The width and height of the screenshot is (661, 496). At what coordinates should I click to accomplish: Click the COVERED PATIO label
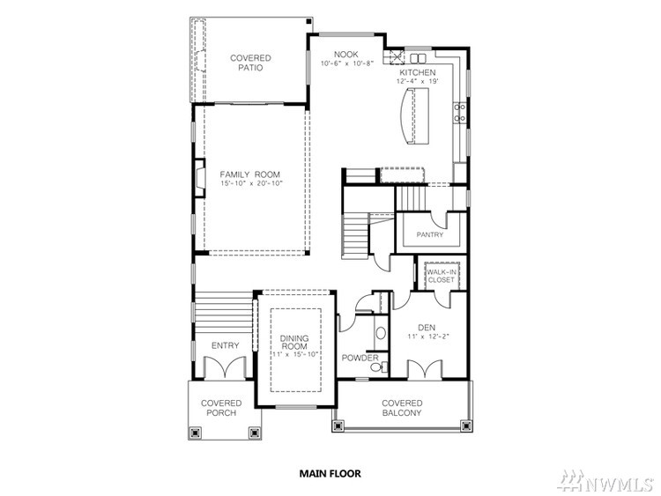[x=250, y=63]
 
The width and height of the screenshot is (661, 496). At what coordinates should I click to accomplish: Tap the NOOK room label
[x=346, y=55]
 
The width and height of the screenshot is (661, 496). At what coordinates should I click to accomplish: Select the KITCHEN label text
[x=418, y=72]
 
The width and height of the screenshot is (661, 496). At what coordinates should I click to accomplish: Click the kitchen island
[x=414, y=116]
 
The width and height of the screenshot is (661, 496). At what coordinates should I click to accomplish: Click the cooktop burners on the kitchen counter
[x=459, y=113]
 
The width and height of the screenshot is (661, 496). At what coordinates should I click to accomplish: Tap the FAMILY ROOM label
[x=250, y=174]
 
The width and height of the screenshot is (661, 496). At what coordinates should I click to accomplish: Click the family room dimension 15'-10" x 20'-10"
[x=251, y=184]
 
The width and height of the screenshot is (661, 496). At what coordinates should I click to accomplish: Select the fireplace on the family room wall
[x=200, y=177]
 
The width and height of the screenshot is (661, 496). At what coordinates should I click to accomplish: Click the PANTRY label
[x=430, y=234]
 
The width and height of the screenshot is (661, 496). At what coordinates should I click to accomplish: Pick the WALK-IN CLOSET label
[x=442, y=276]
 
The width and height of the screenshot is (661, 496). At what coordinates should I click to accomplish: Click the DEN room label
[x=427, y=328]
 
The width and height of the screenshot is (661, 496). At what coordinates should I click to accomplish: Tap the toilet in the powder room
[x=377, y=367]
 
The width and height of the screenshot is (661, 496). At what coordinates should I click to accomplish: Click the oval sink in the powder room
[x=381, y=333]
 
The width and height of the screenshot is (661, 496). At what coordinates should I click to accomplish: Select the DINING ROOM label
[x=294, y=342]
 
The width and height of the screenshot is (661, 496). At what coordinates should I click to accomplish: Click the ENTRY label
[x=225, y=345]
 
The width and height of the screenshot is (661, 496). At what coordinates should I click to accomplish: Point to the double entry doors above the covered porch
[x=225, y=367]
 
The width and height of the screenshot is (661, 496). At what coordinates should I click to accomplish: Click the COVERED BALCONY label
[x=402, y=408]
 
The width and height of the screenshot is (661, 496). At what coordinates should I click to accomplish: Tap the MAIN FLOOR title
[x=330, y=474]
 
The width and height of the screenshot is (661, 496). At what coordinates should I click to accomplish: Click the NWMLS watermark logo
[x=605, y=481]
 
